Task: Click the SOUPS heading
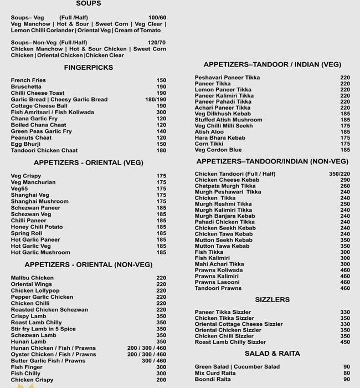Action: click(89, 4)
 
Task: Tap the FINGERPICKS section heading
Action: click(89, 68)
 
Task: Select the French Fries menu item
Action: click(28, 80)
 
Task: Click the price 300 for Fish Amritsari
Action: click(161, 113)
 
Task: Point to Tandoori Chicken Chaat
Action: click(42, 151)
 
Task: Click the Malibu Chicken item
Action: click(32, 278)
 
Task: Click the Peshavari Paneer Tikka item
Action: click(227, 78)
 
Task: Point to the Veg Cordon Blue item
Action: click(218, 150)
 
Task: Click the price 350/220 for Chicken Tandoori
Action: click(339, 173)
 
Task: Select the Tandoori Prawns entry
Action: click(218, 288)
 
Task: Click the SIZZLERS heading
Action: click(272, 300)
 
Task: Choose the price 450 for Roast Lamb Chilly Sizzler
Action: click(345, 343)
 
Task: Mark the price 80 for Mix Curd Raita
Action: click(347, 373)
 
